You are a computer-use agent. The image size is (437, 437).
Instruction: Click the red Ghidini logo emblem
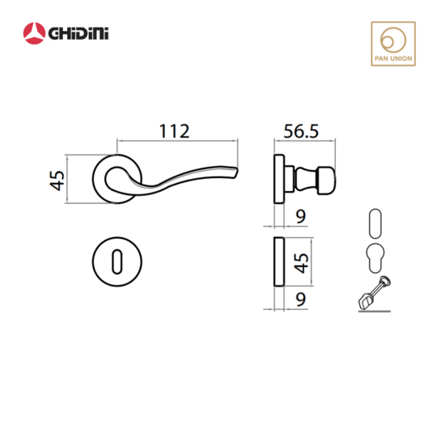34,33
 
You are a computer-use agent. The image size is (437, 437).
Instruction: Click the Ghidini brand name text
78,33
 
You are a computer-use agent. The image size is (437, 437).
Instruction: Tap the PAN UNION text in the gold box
393,58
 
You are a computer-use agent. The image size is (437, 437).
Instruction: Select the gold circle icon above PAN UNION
393,40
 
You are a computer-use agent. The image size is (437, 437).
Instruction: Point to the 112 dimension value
175,131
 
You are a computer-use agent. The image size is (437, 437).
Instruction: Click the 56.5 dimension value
301,131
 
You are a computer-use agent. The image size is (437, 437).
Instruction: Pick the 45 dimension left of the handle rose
57,180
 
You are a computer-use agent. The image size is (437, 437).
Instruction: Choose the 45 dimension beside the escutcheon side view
301,263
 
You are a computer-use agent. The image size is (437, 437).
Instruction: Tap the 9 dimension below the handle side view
301,216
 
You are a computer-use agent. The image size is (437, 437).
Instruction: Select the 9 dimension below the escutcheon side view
301,299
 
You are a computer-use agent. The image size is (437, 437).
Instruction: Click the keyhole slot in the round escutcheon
117,261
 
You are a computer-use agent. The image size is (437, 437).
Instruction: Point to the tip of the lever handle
237,170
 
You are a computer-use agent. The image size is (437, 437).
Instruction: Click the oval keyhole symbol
375,223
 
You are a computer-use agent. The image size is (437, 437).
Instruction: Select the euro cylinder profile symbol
375,258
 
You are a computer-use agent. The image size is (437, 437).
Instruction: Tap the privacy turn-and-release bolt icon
375,294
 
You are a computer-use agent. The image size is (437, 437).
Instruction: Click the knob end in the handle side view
327,180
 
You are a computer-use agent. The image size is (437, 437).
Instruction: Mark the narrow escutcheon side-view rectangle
278,261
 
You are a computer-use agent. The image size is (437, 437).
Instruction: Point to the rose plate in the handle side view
279,179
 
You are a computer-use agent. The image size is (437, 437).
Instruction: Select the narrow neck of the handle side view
306,180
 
